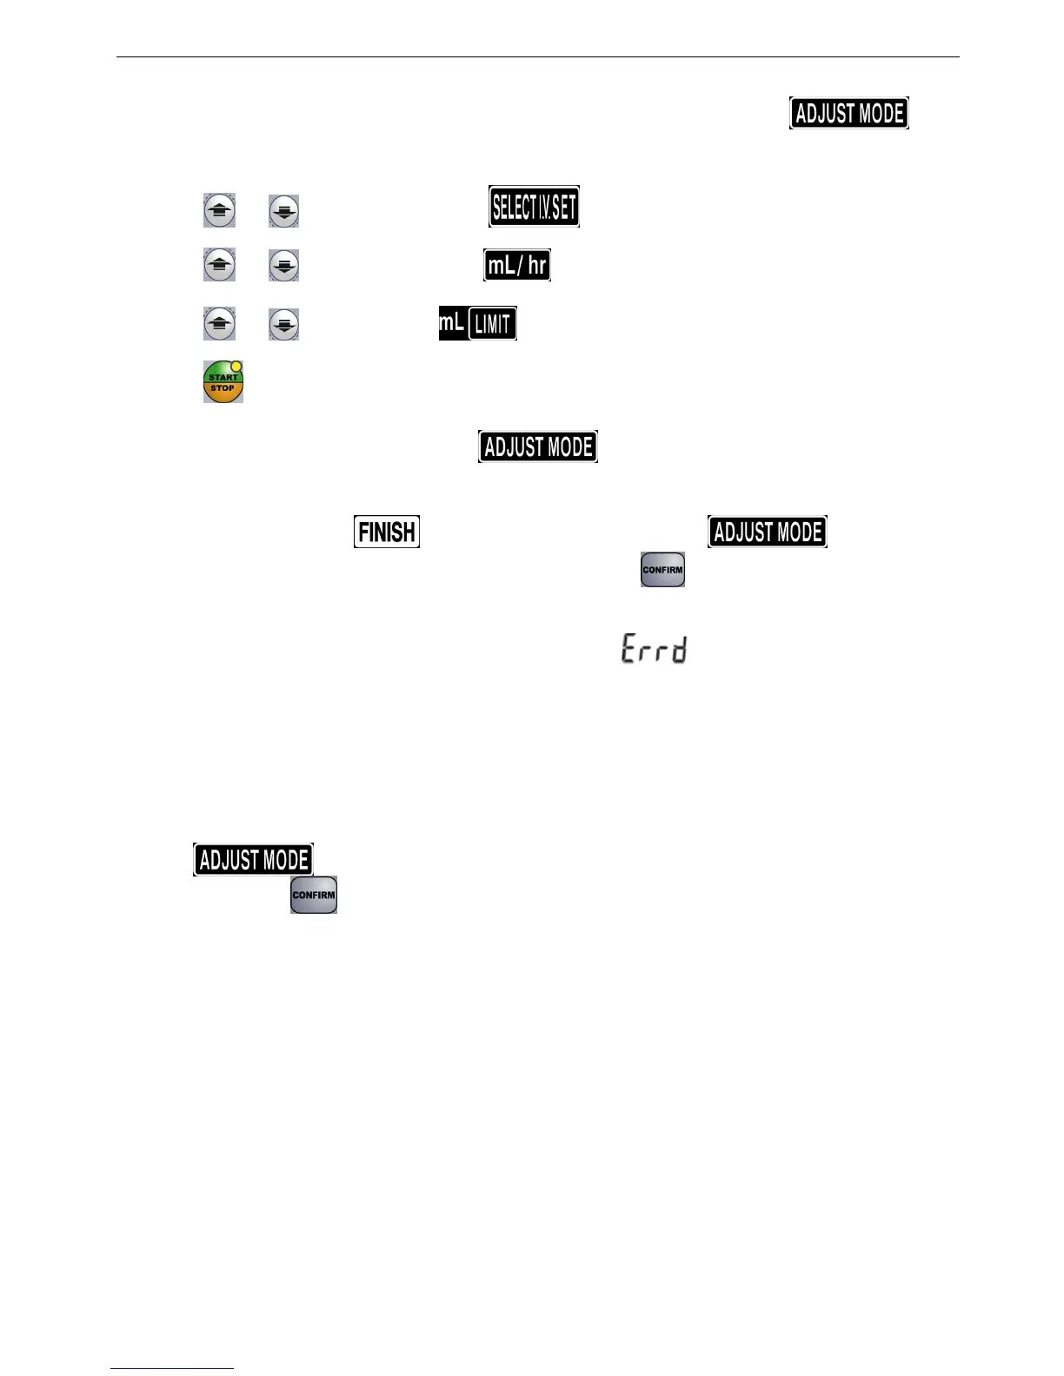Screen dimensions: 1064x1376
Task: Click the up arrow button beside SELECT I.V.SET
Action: point(219,211)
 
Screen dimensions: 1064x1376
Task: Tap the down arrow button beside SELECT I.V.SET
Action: point(283,211)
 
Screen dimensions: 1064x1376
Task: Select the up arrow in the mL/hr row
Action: point(219,265)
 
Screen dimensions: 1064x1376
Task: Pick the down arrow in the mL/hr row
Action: point(283,265)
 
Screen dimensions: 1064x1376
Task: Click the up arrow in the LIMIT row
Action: point(219,324)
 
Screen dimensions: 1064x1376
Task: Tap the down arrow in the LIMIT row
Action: point(283,324)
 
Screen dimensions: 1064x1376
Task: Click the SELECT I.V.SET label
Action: point(534,207)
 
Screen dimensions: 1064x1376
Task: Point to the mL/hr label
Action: point(517,265)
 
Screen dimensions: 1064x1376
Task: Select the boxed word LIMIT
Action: point(493,324)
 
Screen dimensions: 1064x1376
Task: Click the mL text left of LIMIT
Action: point(452,323)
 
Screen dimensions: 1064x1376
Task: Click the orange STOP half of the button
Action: point(223,392)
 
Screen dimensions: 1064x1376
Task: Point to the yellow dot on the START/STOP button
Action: point(236,367)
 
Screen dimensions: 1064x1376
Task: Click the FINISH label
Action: point(387,532)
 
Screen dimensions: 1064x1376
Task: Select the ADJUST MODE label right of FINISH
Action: point(768,532)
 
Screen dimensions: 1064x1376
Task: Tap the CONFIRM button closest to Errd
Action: point(662,570)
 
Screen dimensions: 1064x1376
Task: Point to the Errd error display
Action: point(654,649)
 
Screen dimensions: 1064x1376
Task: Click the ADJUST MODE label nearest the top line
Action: point(849,113)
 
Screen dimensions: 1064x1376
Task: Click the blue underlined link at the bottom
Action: point(172,1369)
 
